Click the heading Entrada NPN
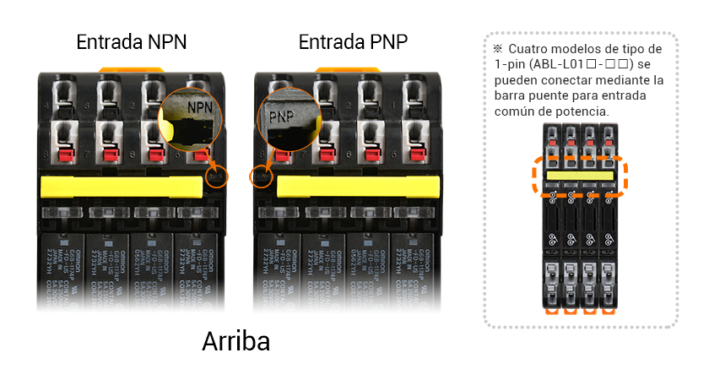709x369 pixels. (132, 41)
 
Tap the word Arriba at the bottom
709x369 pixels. (236, 341)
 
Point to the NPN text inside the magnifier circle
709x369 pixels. (200, 108)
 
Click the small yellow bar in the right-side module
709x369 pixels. (579, 176)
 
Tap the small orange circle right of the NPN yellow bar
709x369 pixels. (217, 177)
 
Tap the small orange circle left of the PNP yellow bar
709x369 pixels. (261, 178)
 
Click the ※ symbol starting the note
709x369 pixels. (498, 50)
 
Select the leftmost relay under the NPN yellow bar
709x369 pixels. (63, 270)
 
